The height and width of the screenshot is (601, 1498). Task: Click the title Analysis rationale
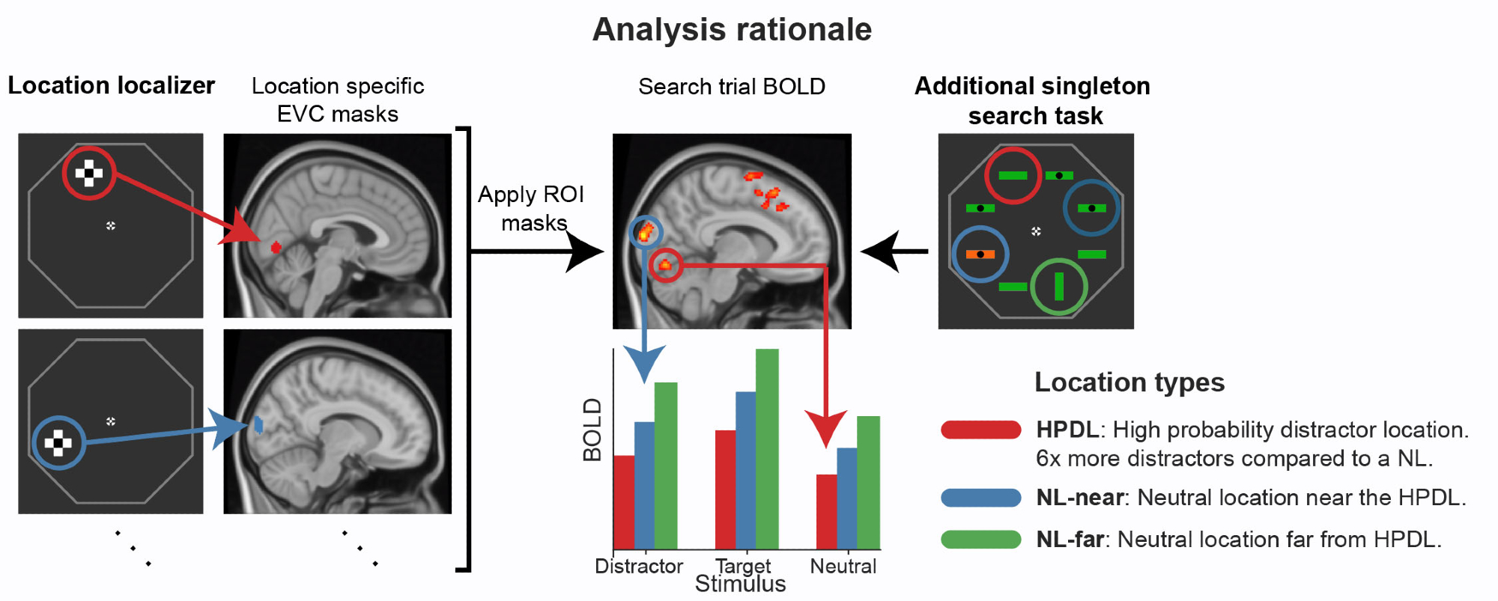(x=732, y=30)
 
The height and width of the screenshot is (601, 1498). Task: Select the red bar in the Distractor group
(x=624, y=501)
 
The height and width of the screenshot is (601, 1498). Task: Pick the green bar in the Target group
(x=767, y=449)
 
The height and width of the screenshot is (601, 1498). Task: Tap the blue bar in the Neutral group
(x=846, y=498)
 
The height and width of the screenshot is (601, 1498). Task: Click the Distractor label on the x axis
(x=638, y=566)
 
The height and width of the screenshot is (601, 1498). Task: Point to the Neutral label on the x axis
(x=843, y=566)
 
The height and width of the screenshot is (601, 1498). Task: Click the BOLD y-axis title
(x=592, y=430)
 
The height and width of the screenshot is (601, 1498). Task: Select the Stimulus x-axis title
(x=740, y=585)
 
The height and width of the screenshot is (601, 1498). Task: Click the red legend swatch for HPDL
(x=980, y=430)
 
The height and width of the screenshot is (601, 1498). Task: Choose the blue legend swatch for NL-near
(x=980, y=498)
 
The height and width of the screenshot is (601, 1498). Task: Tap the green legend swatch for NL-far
(x=980, y=539)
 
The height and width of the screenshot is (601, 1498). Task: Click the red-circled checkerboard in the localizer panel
(x=88, y=173)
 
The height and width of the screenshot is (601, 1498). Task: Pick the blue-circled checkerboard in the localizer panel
(x=58, y=442)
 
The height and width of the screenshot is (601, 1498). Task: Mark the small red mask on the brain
(x=276, y=247)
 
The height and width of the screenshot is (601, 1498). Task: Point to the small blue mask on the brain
(x=258, y=425)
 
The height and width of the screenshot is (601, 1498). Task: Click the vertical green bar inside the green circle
(x=1058, y=286)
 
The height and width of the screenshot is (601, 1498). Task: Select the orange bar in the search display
(x=980, y=254)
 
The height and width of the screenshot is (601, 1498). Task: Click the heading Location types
(x=1129, y=382)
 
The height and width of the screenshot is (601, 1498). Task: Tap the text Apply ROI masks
(x=531, y=208)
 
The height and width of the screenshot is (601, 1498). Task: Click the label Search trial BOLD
(x=731, y=87)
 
